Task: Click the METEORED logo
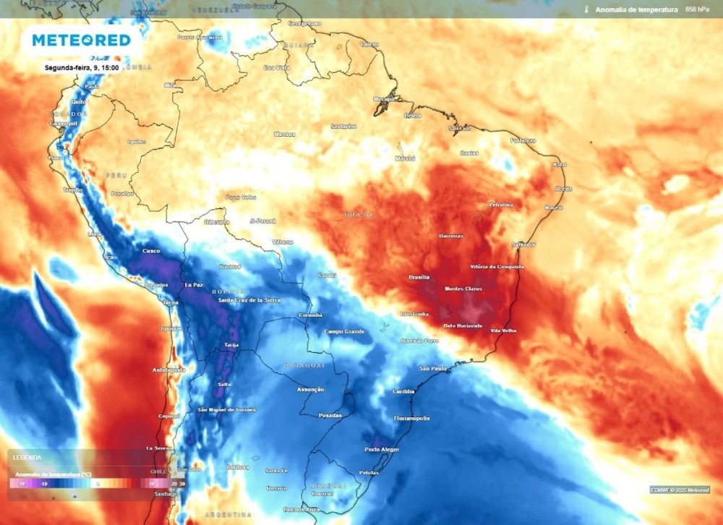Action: pos(81,40)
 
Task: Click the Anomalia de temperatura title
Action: pos(636,9)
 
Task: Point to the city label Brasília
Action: pos(419,277)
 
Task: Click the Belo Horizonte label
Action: pos(463,325)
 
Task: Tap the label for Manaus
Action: pos(285,134)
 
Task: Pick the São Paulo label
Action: pos(435,368)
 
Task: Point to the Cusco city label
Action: pos(150,250)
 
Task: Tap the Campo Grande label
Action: pos(344,331)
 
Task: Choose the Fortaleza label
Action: pos(523,140)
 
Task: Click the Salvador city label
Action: pos(524,244)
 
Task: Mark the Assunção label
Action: pos(311,389)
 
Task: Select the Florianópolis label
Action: pos(411,418)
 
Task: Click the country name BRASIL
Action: pos(360,215)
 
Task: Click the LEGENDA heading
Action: pos(27,457)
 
